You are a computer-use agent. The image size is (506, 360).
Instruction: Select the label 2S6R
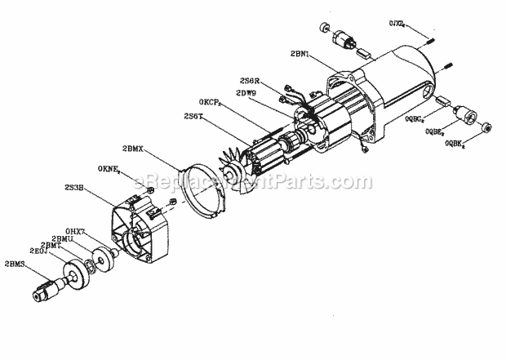[x=251, y=82]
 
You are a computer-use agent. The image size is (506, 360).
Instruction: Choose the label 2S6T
[x=194, y=118]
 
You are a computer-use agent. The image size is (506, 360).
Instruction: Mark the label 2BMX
[x=133, y=149]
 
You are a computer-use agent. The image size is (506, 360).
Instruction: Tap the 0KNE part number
[x=110, y=169]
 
